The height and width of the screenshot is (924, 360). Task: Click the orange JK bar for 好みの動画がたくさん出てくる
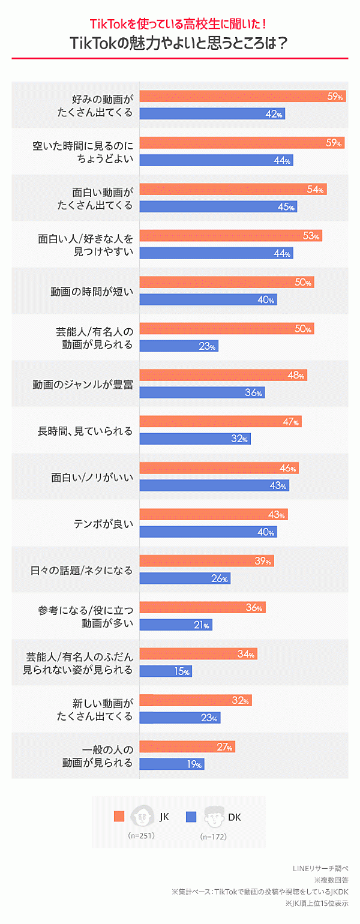242,97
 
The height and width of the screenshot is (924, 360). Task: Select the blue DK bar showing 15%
166,671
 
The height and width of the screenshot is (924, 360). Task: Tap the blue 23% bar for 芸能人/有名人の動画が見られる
179,346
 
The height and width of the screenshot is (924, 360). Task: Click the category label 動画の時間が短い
91,292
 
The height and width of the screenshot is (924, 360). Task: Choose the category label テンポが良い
102,524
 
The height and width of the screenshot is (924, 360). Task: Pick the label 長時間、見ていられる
85,431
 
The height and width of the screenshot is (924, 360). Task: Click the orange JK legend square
119,817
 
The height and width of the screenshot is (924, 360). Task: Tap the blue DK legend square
191,817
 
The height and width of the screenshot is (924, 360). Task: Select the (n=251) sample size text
142,836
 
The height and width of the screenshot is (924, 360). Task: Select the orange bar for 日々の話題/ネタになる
207,562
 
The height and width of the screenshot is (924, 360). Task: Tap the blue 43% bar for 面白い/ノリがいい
214,485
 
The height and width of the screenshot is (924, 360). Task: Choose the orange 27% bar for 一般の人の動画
187,747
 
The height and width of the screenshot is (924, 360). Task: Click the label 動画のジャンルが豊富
82,384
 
